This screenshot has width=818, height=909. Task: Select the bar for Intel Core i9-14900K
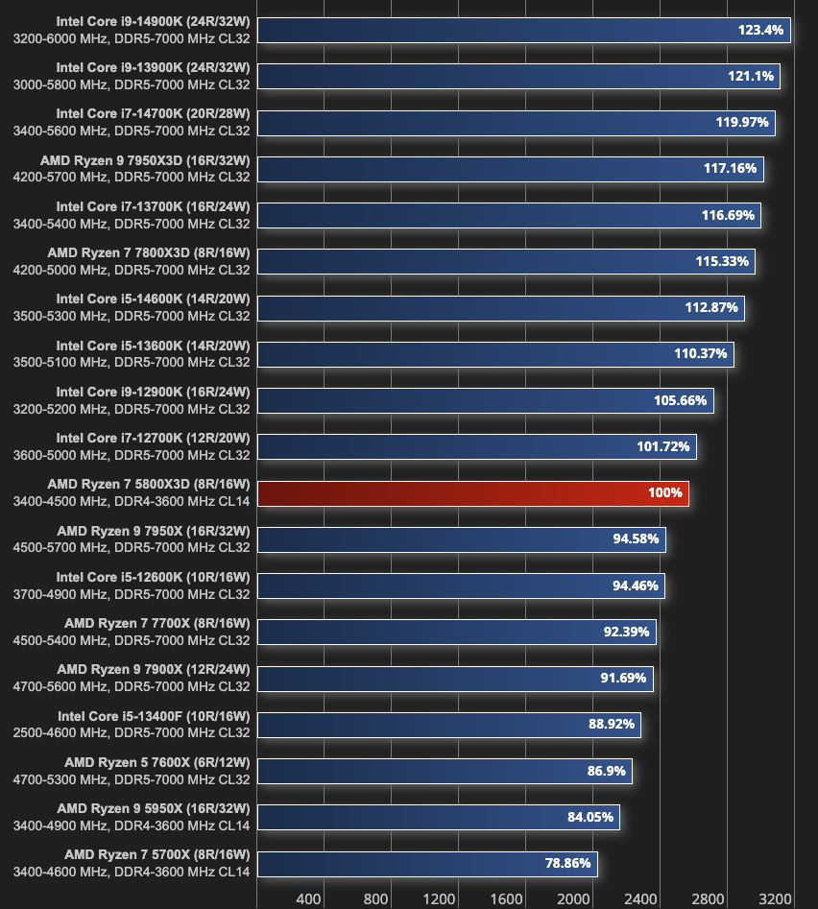click(523, 31)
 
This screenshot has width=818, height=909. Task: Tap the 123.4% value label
click(760, 31)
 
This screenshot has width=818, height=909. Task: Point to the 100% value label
click(664, 493)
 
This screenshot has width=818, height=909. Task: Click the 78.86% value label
click(567, 864)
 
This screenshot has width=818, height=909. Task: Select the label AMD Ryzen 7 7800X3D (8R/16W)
click(149, 253)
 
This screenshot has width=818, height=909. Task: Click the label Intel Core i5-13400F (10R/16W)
click(154, 716)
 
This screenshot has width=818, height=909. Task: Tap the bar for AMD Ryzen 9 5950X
click(438, 818)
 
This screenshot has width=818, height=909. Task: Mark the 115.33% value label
click(722, 261)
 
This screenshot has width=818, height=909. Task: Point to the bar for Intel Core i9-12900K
click(485, 401)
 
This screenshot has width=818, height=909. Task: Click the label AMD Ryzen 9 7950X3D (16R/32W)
click(145, 160)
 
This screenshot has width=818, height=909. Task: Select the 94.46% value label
click(636, 586)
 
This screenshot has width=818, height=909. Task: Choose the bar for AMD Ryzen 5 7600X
click(445, 772)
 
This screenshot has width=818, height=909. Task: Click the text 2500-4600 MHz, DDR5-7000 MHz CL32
click(132, 732)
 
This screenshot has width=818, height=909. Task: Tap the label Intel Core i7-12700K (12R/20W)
click(153, 438)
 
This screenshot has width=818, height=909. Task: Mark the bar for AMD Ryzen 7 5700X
click(427, 864)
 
